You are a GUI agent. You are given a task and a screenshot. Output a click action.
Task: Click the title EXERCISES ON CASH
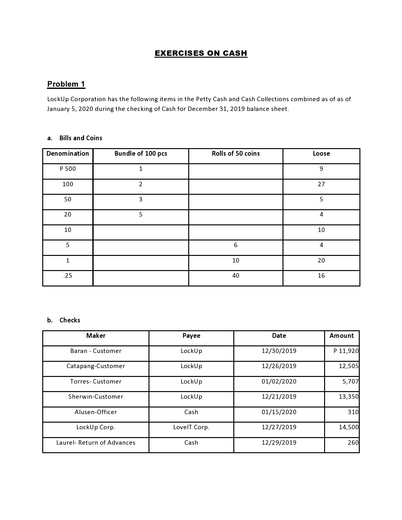tap(201, 53)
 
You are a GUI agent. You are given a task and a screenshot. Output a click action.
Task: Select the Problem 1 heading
tap(66, 84)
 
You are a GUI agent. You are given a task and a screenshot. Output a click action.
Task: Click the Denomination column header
tap(67, 153)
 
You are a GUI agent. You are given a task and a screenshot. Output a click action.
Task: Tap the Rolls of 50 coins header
tap(236, 153)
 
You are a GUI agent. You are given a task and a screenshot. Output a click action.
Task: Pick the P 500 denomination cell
tap(67, 169)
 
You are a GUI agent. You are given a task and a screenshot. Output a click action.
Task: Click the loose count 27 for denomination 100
tap(321, 184)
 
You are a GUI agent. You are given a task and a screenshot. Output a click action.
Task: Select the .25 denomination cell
tap(67, 275)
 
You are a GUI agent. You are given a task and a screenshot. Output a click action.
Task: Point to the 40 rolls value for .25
tap(236, 275)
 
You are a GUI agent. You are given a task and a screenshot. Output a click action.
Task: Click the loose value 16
tap(321, 275)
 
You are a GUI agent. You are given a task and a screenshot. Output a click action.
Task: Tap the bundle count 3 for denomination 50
tap(141, 199)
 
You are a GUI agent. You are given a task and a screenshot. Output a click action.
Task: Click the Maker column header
tap(96, 336)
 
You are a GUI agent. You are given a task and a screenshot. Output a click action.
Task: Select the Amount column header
tap(341, 336)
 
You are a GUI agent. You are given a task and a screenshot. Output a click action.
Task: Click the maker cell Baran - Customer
tap(96, 351)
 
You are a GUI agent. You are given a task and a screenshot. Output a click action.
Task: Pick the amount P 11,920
tap(346, 351)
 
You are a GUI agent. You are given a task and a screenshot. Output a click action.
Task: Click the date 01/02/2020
tap(279, 381)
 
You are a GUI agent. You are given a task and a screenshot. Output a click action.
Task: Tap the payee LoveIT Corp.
tap(191, 427)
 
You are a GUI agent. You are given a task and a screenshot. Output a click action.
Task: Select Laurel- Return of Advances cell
tap(96, 442)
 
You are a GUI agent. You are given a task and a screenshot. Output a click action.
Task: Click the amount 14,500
tap(348, 427)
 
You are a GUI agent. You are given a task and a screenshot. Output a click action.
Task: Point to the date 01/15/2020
tap(279, 412)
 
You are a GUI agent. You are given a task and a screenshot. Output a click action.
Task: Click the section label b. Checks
tap(64, 320)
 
